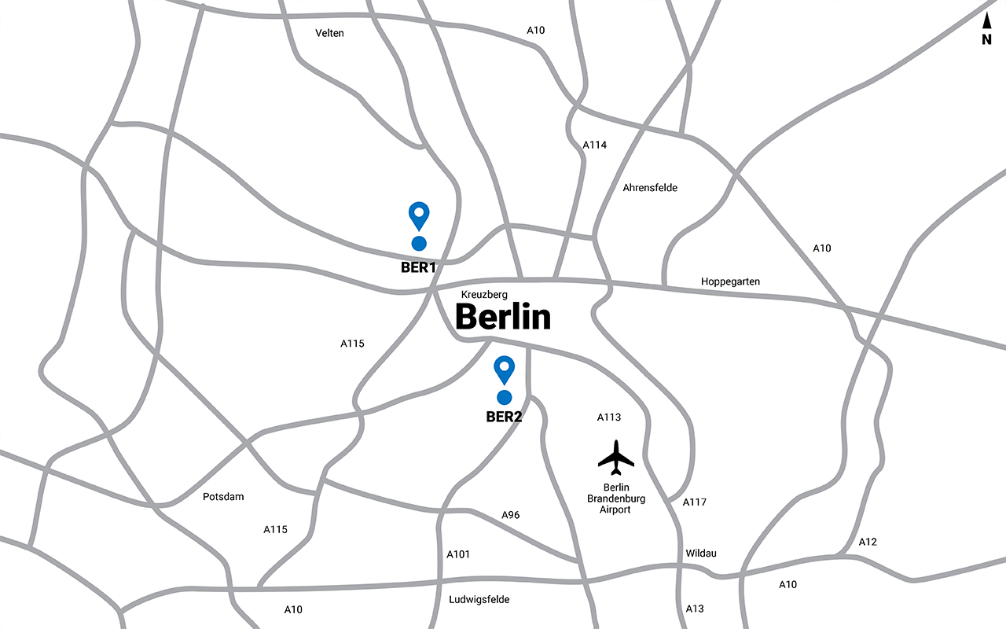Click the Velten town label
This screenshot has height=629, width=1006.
(329, 33)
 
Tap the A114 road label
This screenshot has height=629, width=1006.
(595, 145)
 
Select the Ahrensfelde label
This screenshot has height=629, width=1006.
(650, 188)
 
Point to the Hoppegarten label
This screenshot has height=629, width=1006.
(730, 281)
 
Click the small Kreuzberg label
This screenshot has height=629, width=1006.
(484, 294)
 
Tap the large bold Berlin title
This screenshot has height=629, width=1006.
(503, 317)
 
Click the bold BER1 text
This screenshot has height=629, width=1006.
(418, 267)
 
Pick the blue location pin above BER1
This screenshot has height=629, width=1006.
(419, 215)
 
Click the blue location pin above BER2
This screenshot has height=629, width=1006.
(504, 369)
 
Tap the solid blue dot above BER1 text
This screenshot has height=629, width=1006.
(419, 244)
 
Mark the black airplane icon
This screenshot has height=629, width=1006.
(615, 457)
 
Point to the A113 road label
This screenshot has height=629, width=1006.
(609, 417)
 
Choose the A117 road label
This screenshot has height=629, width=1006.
(695, 502)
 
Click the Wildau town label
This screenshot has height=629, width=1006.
(700, 554)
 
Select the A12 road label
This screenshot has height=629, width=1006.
(868, 542)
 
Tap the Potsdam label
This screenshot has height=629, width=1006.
(223, 497)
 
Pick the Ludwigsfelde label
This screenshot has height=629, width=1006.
(479, 600)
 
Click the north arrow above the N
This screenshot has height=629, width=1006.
(987, 21)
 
